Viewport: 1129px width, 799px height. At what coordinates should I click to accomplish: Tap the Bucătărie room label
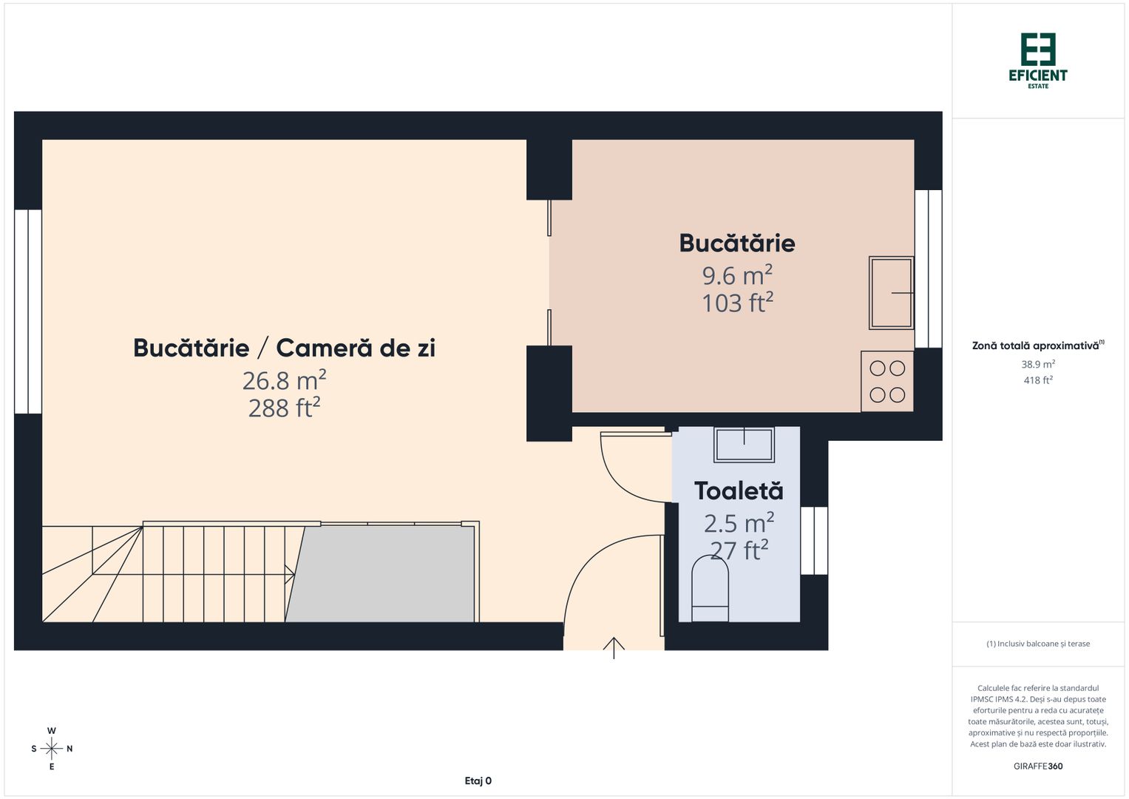(x=736, y=243)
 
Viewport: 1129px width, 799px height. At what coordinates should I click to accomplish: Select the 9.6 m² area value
(x=736, y=275)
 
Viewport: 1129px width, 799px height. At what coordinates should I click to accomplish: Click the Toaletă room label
(x=738, y=491)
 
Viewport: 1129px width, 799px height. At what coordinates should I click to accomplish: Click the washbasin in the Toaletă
(x=744, y=444)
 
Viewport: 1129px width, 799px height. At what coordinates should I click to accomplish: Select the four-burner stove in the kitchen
(x=887, y=382)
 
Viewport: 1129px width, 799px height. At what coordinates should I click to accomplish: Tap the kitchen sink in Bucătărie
(x=891, y=293)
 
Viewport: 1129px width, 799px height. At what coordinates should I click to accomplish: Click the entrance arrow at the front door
(x=614, y=647)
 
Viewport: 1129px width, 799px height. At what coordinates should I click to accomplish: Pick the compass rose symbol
(x=52, y=749)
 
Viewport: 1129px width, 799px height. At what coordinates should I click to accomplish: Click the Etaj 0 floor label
(x=478, y=781)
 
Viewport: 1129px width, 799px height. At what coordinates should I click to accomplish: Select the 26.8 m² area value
(x=284, y=380)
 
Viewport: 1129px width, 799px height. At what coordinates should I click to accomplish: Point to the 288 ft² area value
(x=284, y=408)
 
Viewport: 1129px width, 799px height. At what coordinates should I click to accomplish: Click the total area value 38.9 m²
(x=1037, y=364)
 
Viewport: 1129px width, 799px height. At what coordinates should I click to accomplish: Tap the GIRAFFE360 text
(x=1037, y=766)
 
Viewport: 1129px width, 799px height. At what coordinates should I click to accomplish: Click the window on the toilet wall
(x=814, y=540)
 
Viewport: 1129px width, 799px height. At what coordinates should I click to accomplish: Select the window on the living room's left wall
(x=28, y=311)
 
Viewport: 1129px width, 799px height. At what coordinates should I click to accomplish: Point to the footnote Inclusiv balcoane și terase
(x=1037, y=644)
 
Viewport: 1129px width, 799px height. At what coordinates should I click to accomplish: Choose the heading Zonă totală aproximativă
(x=1035, y=345)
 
